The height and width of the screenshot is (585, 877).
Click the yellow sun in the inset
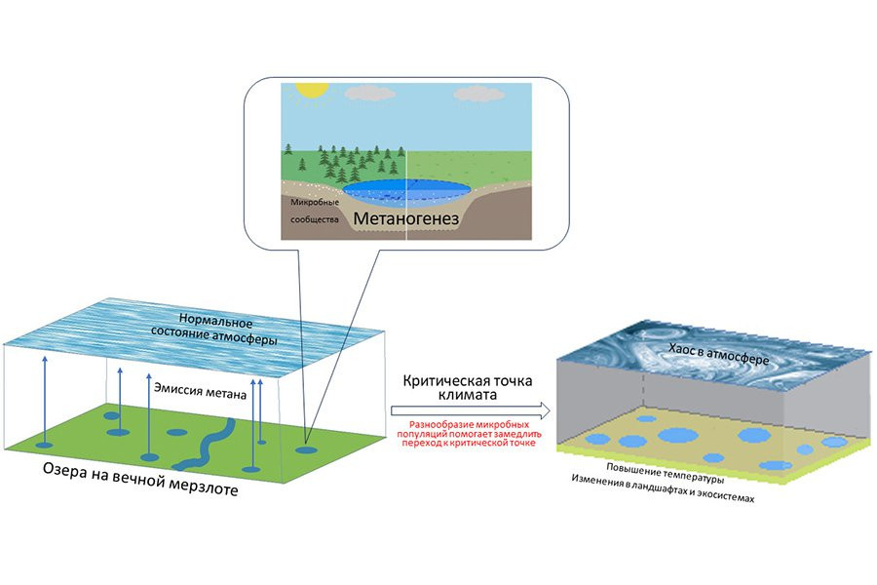310,88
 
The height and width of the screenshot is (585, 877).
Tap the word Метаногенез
405,221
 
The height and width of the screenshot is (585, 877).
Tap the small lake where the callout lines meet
306,450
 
